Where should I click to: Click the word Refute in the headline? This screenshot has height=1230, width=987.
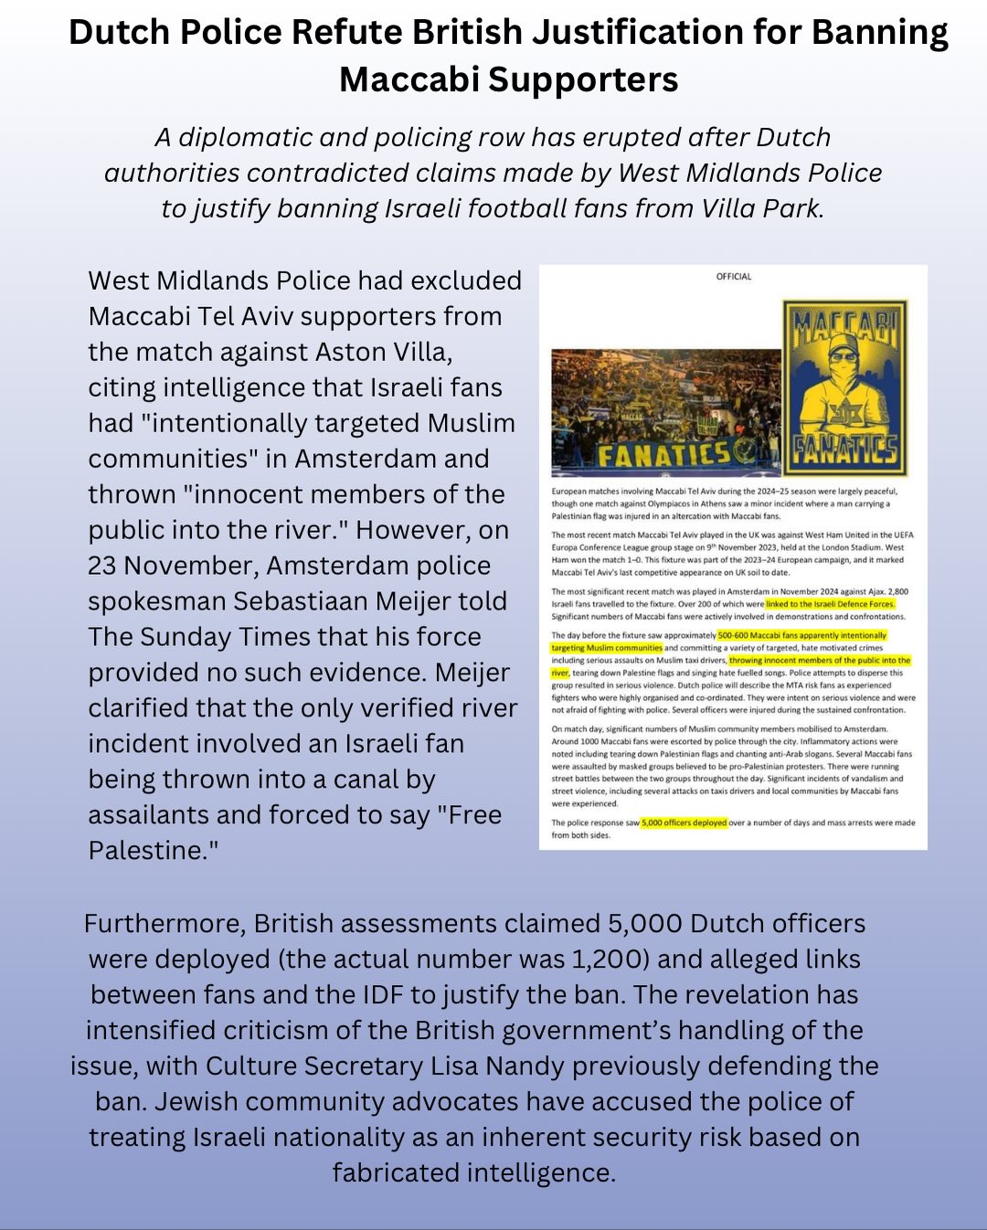coord(346,33)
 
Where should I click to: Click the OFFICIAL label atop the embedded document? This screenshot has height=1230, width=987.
coord(733,276)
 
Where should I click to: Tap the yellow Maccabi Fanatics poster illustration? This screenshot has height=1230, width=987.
coord(845,388)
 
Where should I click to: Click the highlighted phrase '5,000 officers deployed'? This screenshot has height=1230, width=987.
coord(684,822)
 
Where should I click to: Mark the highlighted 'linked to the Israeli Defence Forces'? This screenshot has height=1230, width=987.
coord(830,604)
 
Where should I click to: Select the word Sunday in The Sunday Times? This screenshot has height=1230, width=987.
coord(196,637)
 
